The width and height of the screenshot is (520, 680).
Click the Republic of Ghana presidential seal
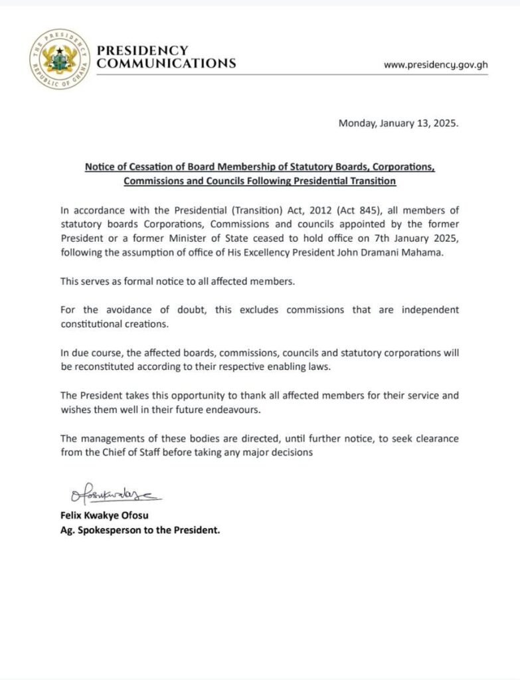[58, 59]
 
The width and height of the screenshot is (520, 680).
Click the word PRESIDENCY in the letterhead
[142, 50]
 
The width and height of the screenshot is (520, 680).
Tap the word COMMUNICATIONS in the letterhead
[166, 64]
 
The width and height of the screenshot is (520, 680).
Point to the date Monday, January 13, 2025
[398, 123]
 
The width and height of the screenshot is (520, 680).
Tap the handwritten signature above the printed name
[113, 495]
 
